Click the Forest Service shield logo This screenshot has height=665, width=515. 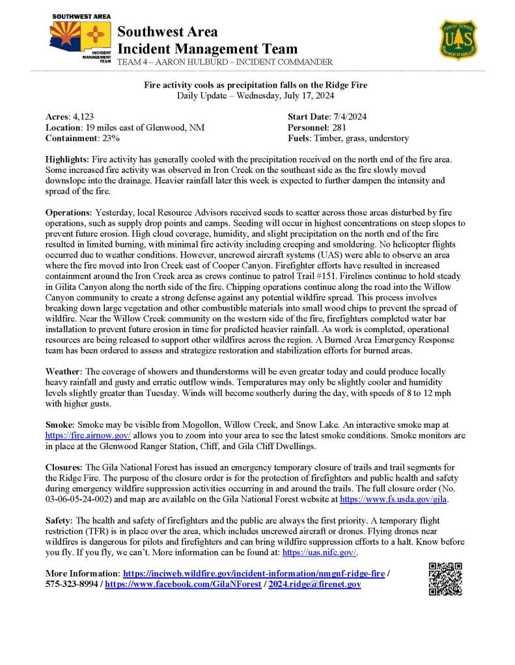pyautogui.click(x=458, y=40)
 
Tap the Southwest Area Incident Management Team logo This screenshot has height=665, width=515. pyautogui.click(x=81, y=40)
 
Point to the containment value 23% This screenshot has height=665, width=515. pyautogui.click(x=108, y=138)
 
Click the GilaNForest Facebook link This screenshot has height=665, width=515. pyautogui.click(x=182, y=584)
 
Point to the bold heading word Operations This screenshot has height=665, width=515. pyautogui.click(x=68, y=213)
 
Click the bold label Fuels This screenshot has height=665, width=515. pyautogui.click(x=299, y=138)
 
